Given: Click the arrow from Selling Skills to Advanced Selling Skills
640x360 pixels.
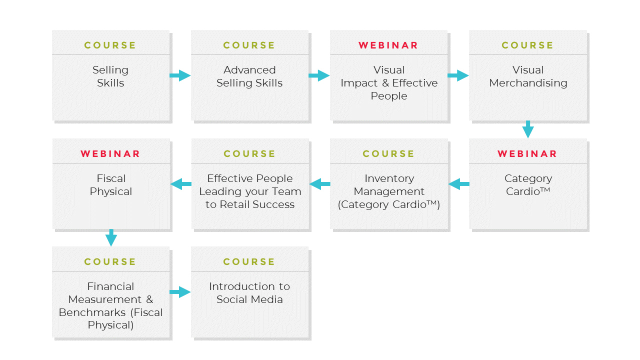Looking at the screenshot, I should [180, 76].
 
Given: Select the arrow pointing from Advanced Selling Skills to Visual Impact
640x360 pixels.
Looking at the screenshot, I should [319, 76].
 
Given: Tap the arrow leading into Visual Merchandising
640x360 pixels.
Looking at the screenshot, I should [458, 76].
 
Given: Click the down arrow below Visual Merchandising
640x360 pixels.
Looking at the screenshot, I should [528, 129].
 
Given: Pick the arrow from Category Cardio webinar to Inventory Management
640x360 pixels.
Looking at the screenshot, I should [459, 184].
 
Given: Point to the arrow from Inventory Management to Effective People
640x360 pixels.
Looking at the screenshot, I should [320, 184].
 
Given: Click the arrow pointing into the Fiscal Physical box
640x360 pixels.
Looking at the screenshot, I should [181, 184].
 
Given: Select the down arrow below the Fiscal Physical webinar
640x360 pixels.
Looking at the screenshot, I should [111, 238].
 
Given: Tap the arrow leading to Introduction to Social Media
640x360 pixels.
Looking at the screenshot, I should [180, 292].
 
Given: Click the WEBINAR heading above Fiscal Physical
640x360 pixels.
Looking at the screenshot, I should [110, 154].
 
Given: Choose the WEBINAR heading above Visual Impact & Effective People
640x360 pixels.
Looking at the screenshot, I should [388, 45].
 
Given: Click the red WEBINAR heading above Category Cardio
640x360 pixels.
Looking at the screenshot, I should [527, 154].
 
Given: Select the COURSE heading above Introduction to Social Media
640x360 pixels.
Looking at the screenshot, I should [249, 262].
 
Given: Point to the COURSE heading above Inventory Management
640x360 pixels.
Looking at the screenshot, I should [388, 154].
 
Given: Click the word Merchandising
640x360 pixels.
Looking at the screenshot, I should [528, 83].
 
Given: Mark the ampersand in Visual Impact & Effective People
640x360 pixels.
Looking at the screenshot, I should [385, 83].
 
